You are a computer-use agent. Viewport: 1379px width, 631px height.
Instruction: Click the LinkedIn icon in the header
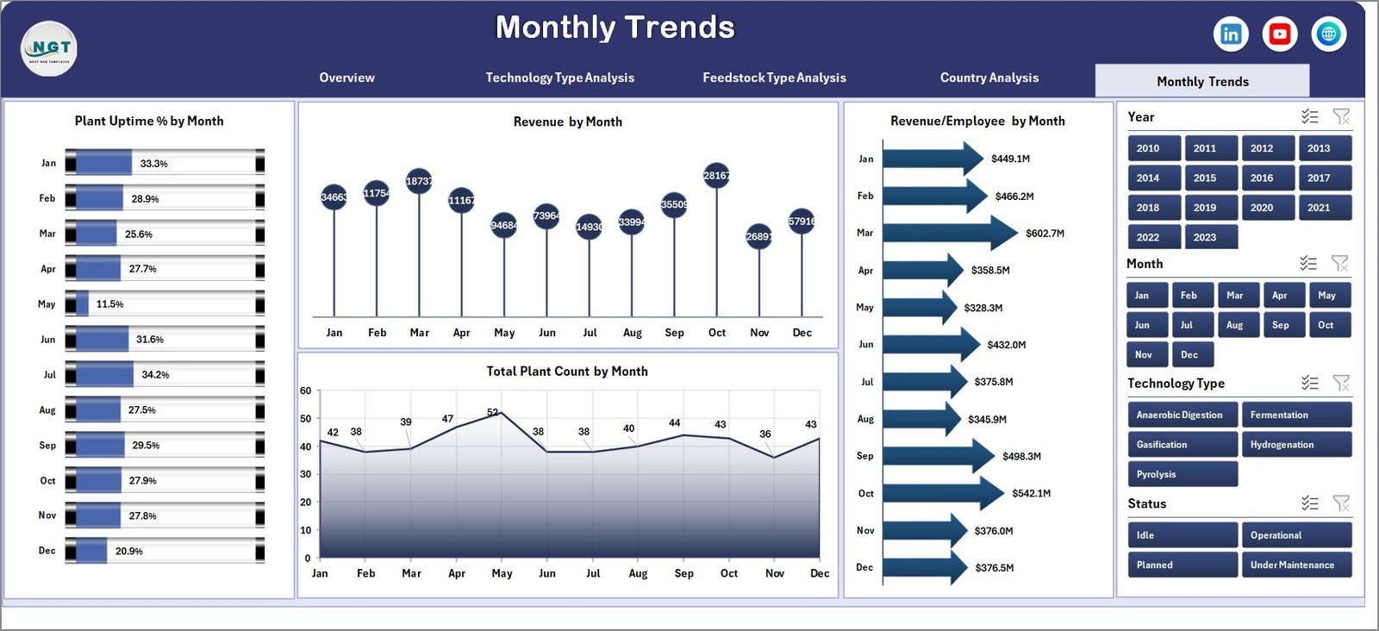pyautogui.click(x=1231, y=34)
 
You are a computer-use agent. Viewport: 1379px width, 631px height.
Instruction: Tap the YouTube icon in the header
pyautogui.click(x=1280, y=34)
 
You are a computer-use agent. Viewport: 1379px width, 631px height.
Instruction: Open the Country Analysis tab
pyautogui.click(x=989, y=78)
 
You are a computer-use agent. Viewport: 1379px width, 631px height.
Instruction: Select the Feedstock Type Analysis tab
pyautogui.click(x=774, y=78)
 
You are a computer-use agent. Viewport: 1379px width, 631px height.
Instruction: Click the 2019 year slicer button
pyautogui.click(x=1205, y=208)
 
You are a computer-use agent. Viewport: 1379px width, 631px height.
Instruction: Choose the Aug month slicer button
pyautogui.click(x=1234, y=325)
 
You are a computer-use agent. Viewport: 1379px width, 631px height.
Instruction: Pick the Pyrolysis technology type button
pyautogui.click(x=1182, y=474)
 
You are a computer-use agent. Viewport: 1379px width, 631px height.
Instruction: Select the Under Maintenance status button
pyautogui.click(x=1295, y=565)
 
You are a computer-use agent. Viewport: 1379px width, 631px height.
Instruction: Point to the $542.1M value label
pyautogui.click(x=1031, y=494)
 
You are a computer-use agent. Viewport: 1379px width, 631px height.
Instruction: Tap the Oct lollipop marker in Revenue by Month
pyautogui.click(x=716, y=176)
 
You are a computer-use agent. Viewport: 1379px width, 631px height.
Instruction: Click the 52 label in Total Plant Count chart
pyautogui.click(x=492, y=413)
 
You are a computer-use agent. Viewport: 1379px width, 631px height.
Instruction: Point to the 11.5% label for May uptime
pyautogui.click(x=109, y=304)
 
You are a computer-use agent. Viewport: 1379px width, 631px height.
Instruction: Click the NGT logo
pyautogui.click(x=49, y=48)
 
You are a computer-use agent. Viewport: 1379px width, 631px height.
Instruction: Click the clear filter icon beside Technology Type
pyautogui.click(x=1341, y=383)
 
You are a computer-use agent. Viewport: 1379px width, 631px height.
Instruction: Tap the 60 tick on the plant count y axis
pyautogui.click(x=306, y=390)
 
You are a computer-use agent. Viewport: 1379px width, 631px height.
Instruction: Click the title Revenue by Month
pyautogui.click(x=567, y=122)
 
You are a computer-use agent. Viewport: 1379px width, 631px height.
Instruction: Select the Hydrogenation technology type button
pyautogui.click(x=1295, y=445)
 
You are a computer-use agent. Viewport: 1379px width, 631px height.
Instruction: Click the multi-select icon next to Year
pyautogui.click(x=1309, y=116)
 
